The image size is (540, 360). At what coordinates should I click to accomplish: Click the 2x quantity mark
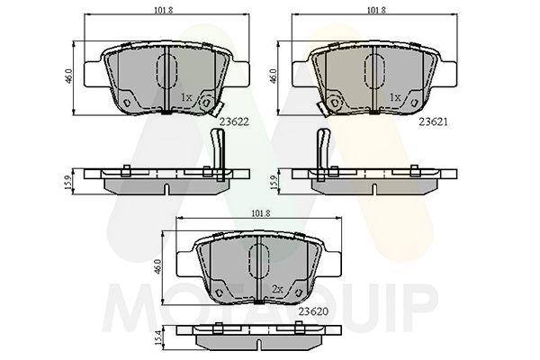278,288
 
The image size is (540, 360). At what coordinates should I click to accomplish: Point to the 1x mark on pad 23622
185,96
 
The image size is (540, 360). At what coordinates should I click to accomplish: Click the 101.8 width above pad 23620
261,214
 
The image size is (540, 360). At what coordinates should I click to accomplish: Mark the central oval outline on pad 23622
166,72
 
